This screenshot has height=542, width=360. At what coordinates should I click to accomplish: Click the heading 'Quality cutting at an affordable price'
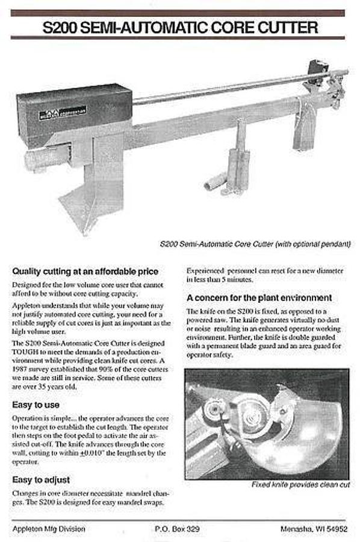click(x=85, y=271)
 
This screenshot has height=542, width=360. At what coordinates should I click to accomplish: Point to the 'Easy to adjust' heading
click(x=41, y=479)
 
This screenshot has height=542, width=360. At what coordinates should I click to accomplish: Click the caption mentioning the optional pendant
click(x=255, y=244)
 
